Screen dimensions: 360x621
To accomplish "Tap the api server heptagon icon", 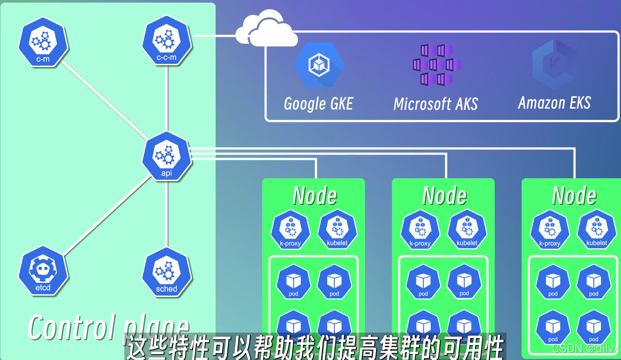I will [167, 157].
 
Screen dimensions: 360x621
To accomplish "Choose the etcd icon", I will [43, 271].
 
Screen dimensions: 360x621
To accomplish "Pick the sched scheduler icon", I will [167, 272].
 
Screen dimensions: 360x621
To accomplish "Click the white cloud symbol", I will [266, 30].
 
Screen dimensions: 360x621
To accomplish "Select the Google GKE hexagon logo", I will [319, 65].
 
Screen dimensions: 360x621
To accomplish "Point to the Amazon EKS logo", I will [554, 65].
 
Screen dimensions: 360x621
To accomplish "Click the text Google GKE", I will [319, 104].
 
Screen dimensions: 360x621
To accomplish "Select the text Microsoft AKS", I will [436, 104].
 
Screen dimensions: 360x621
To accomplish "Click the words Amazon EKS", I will [554, 103].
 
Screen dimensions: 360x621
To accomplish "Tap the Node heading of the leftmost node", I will [314, 196].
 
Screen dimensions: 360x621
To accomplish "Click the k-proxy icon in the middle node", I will [420, 230].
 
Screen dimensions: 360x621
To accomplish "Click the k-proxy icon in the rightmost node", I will [550, 230].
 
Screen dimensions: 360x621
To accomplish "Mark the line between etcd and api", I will [107, 215].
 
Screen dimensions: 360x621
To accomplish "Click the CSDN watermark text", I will [585, 349].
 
